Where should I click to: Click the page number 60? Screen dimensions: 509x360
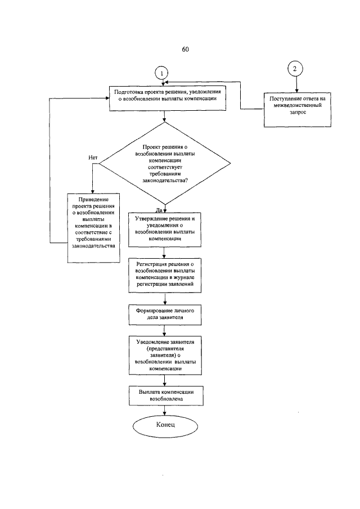point(185,49)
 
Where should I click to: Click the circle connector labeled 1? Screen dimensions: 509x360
point(162,74)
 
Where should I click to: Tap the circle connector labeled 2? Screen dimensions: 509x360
point(295,69)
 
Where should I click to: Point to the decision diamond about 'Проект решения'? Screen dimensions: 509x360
point(165,163)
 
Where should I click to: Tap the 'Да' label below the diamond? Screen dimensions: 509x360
point(159,209)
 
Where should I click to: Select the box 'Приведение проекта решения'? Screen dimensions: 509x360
point(94,227)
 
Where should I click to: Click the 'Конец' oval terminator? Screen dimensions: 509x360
point(165,425)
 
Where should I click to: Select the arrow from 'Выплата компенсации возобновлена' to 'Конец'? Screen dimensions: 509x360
point(165,409)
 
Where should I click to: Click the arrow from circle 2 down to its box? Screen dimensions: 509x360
point(295,84)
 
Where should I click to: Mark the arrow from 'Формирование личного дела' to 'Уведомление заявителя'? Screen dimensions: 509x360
point(165,330)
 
